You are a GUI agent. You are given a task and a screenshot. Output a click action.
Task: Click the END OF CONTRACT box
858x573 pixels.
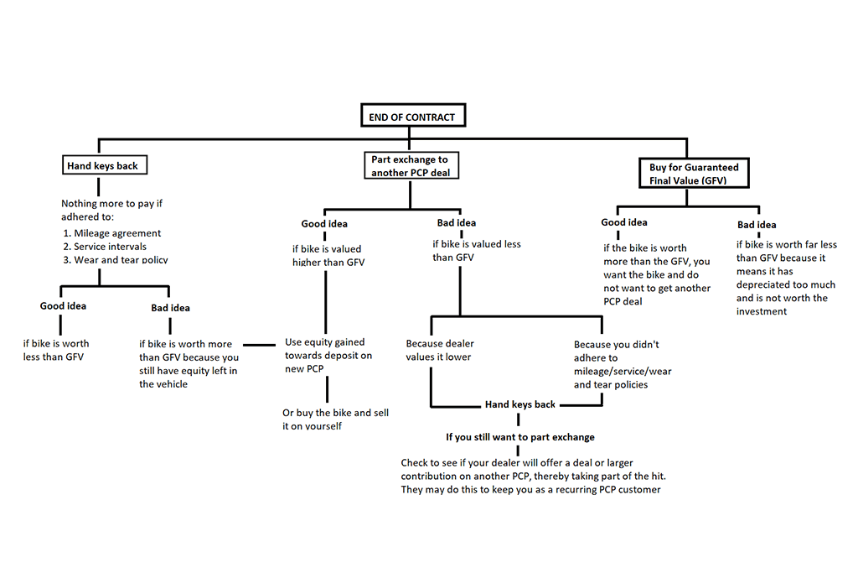coord(413,116)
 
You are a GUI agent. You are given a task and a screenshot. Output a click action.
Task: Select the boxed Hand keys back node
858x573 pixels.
coord(105,165)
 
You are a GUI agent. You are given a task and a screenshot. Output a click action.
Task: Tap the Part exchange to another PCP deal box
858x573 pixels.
coord(411,165)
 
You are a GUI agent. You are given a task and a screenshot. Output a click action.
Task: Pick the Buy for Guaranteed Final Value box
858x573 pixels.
coord(694,173)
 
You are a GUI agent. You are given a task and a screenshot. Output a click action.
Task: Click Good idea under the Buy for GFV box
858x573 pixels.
coord(623,221)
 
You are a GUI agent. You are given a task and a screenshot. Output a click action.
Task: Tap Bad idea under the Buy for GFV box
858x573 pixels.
coord(757,225)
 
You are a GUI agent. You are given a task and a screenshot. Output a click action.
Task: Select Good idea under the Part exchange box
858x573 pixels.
coord(324,223)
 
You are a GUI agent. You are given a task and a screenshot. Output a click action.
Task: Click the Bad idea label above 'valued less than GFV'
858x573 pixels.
coord(457,223)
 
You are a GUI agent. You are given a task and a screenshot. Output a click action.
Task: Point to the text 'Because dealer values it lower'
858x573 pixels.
coord(439,350)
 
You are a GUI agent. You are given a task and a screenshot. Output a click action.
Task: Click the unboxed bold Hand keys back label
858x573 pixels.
coord(519,404)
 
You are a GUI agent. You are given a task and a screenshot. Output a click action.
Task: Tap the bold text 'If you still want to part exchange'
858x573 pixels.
coord(519,437)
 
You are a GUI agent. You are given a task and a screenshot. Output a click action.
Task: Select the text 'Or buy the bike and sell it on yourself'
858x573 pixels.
coord(335,419)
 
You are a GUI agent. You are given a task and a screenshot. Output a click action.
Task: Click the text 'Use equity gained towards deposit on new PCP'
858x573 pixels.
coord(328,355)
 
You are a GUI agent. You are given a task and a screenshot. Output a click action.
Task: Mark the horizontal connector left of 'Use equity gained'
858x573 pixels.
coord(259,345)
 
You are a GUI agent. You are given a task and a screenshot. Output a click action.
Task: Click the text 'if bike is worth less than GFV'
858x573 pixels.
coord(56,350)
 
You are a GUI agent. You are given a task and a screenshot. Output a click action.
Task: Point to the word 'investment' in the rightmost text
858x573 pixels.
coord(761,311)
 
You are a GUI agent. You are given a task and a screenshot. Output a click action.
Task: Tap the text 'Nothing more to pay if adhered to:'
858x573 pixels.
coord(111,210)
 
